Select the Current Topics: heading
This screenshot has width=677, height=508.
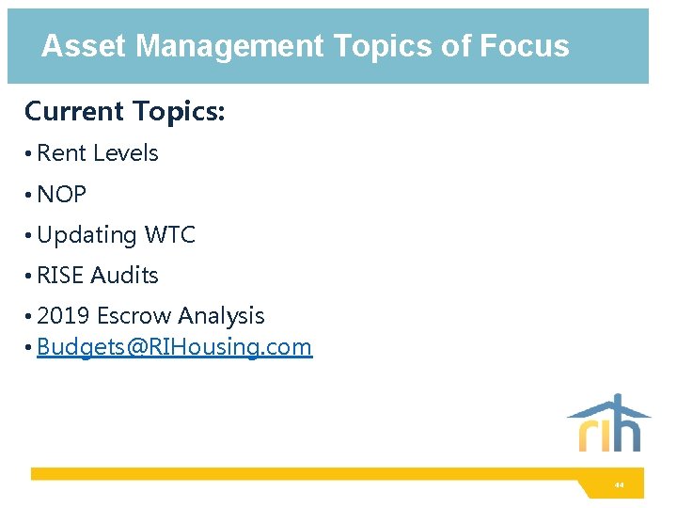124,111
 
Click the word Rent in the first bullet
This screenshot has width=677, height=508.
60,153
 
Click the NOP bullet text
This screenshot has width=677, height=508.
61,195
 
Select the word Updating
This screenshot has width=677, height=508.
87,235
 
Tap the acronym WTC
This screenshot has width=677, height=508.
169,235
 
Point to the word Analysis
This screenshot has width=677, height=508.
221,316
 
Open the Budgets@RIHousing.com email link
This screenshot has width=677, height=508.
174,347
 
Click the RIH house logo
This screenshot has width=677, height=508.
608,423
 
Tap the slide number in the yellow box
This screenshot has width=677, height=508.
619,485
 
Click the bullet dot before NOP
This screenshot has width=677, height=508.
29,196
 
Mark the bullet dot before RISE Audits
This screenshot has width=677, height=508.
29,277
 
